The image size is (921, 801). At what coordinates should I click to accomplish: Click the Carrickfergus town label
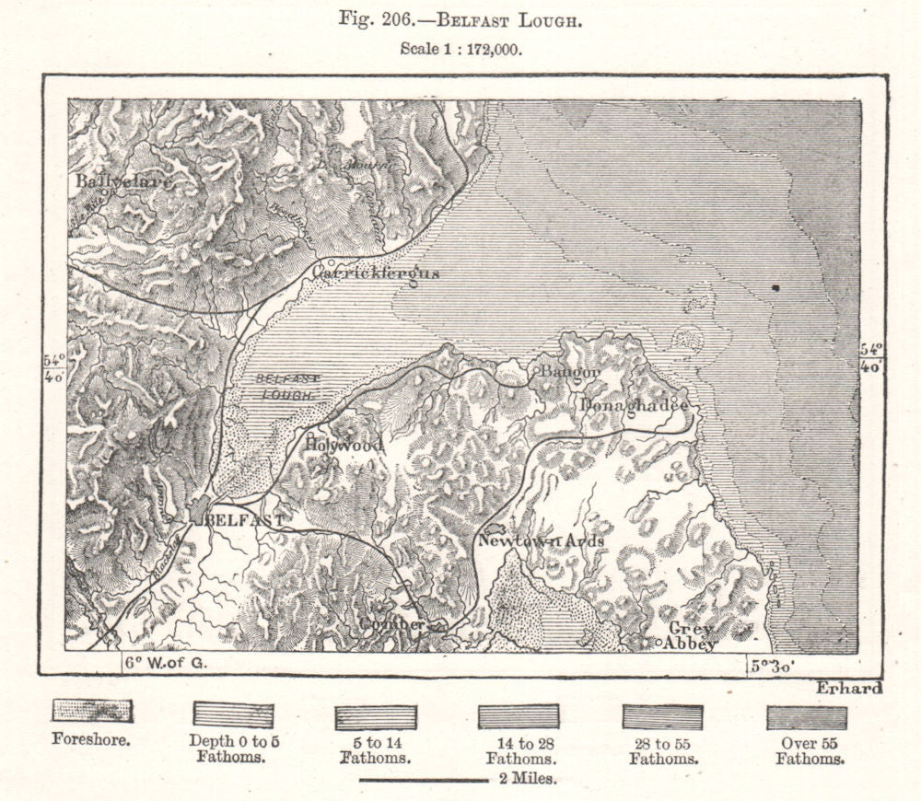(x=376, y=273)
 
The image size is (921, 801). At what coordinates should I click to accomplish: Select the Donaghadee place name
(x=634, y=406)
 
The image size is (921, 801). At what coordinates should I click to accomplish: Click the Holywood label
(x=344, y=445)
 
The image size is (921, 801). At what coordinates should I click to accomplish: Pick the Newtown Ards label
(x=541, y=541)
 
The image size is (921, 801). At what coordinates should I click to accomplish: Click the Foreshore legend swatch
(x=91, y=712)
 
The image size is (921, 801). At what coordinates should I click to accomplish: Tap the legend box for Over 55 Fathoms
(x=807, y=717)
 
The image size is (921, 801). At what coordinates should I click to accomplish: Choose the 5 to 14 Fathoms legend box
(x=376, y=717)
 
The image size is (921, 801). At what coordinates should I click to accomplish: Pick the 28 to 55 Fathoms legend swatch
(x=663, y=717)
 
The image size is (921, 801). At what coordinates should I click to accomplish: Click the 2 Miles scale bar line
(x=423, y=780)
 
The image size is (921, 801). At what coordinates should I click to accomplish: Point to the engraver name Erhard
(x=847, y=688)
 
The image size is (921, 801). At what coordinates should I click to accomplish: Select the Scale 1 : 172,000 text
(x=461, y=51)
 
